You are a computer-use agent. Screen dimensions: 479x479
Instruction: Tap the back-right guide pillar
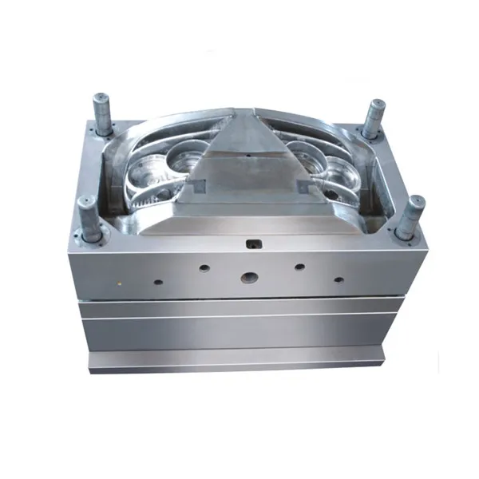[x=371, y=118]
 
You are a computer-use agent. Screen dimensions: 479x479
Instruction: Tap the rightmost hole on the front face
[x=338, y=279]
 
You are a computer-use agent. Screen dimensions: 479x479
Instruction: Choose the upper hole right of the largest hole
[x=299, y=267]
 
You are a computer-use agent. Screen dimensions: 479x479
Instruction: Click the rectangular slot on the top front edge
[x=255, y=240]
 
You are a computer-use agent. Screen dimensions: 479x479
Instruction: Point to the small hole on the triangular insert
[x=249, y=152]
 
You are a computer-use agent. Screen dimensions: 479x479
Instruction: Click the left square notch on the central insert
[x=196, y=186]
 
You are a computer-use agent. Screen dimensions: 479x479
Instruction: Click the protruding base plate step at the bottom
[x=239, y=361]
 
